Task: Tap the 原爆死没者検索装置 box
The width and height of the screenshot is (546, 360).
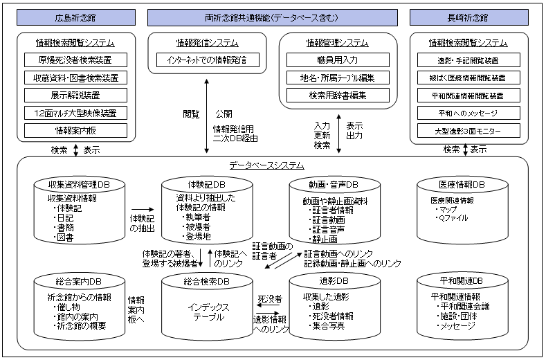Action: coord(76,60)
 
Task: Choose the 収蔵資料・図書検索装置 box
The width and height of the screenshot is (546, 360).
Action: coord(76,78)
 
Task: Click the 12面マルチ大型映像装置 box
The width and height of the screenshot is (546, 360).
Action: coord(76,112)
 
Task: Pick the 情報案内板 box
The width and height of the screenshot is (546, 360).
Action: coord(76,129)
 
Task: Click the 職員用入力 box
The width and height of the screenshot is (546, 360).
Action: coord(338,60)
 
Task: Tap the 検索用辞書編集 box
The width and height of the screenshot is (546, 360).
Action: coord(338,95)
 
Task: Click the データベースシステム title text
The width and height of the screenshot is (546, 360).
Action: coord(266,165)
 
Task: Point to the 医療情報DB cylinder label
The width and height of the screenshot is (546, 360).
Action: coord(462,184)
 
